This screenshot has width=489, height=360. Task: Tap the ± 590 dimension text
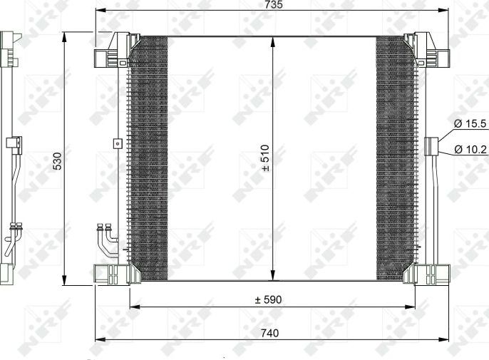click(269, 300)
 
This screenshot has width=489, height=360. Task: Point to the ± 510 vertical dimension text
click(264, 159)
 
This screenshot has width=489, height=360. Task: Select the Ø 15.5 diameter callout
click(470, 123)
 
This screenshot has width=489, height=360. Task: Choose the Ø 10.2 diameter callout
click(470, 150)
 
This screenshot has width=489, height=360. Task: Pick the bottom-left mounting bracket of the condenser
click(111, 274)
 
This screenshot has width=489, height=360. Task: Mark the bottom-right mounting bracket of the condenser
click(431, 274)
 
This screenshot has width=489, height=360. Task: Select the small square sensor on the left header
click(116, 143)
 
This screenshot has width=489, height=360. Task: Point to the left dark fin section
click(149, 157)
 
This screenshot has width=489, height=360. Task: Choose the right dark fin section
click(394, 157)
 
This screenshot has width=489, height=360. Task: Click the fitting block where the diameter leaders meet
click(431, 145)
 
